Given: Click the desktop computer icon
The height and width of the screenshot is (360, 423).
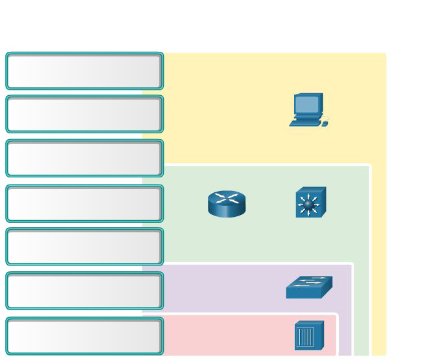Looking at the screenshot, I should tap(308, 109).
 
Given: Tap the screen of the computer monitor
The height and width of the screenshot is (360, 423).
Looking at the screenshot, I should tap(307, 104).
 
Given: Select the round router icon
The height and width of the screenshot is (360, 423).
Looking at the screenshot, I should tap(227, 203).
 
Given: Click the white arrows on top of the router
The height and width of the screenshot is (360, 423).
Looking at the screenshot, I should tap(227, 197).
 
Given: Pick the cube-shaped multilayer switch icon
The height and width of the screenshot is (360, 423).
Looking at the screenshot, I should tap(310, 203).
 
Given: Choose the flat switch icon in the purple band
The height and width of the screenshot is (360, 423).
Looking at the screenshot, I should tap(309, 287).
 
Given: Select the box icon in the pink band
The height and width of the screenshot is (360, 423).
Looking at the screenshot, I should tap(308, 335).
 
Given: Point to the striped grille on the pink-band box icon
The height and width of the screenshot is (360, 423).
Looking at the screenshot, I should tap(305, 337).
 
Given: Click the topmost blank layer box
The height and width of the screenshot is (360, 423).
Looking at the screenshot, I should tap(84, 71).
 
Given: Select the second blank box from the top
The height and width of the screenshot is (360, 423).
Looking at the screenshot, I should tap(84, 114).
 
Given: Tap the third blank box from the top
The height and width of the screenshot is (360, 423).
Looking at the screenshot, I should tap(84, 158).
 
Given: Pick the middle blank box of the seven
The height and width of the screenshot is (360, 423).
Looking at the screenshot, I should tap(84, 203).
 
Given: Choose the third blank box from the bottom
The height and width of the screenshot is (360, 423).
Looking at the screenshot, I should tap(84, 247).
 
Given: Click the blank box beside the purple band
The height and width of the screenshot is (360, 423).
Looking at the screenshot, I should tap(84, 291).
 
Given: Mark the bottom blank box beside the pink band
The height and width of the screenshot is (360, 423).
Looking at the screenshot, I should tap(84, 336).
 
